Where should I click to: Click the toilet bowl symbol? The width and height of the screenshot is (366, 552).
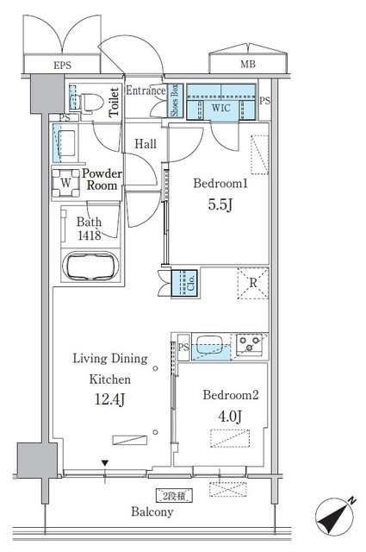90,103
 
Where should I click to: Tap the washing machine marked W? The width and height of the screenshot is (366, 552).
65,183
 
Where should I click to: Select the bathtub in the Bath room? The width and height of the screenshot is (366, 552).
90,266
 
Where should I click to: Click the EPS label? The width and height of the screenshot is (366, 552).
62,66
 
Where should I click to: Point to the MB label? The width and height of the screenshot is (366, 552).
248,65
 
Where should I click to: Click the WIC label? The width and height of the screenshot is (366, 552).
220,108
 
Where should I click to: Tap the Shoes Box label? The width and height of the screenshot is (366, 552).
174,101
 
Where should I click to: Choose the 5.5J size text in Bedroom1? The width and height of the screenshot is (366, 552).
220,204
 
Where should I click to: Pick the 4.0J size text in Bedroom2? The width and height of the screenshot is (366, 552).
230,417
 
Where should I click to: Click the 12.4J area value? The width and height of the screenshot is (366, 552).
109,399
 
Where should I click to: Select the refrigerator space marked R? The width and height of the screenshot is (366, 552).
253,283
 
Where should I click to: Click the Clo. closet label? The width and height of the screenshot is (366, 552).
191,283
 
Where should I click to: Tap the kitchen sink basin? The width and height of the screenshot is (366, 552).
209,344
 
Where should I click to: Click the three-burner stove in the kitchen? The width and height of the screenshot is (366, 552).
249,344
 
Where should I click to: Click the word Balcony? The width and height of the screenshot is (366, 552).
152,511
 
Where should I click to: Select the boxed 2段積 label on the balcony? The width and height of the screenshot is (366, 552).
174,496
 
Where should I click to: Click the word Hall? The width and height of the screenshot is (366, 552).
146,144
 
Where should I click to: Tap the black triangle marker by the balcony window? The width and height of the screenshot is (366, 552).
104,463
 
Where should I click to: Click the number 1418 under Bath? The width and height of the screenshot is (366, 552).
90,235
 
